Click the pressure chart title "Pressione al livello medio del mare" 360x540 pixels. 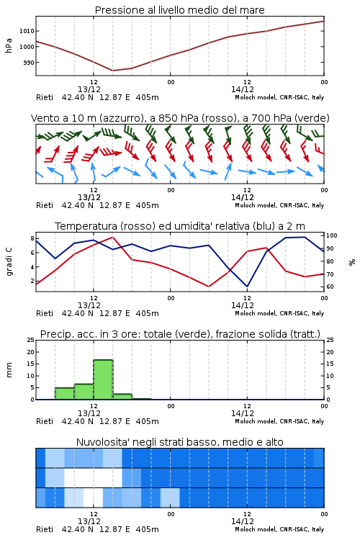pos(179,10)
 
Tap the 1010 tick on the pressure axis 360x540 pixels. pos(26,31)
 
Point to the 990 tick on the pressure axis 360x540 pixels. pos(28,63)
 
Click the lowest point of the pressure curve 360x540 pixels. pos(112,71)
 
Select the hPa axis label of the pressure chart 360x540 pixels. pos(9,45)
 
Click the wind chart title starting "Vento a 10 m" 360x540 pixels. pos(180,118)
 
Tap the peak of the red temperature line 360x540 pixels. pos(112,237)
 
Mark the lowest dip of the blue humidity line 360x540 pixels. pos(247,287)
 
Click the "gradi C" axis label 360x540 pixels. pos(9,262)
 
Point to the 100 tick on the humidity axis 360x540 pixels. pos(332,235)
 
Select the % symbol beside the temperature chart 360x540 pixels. pos(352,262)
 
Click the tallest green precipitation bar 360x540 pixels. pos(103,379)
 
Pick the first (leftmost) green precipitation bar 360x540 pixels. pos(64,394)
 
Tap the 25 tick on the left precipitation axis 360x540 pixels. pos(31,340)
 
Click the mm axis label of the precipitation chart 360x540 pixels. pos(9,370)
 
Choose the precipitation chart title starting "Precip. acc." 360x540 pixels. pos(180,334)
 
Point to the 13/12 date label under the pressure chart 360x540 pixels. pos(89,89)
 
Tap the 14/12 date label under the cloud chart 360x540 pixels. pos(243,521)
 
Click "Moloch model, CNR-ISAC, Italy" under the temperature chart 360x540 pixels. pos(279,313)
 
